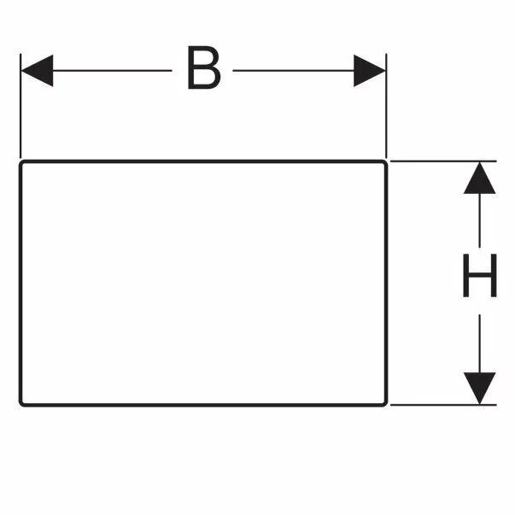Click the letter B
click(203, 67)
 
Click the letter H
click(479, 275)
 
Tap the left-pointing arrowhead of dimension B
click(37, 71)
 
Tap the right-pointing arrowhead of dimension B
click(369, 71)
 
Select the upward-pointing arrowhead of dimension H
click(479, 178)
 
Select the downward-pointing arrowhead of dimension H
click(479, 389)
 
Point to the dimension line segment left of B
click(113, 71)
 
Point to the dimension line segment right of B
click(293, 71)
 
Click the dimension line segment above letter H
click(479, 220)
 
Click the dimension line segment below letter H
click(479, 343)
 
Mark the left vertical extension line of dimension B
click(20, 106)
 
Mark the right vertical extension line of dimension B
click(386, 106)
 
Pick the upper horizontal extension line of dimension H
click(443, 161)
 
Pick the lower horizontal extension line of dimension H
click(443, 405)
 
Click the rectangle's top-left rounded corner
click(21, 162)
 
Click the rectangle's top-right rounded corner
click(385, 162)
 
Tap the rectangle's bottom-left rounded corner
click(21, 404)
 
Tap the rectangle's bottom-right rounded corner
click(385, 404)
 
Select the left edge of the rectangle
click(20, 283)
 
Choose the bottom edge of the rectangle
click(203, 406)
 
